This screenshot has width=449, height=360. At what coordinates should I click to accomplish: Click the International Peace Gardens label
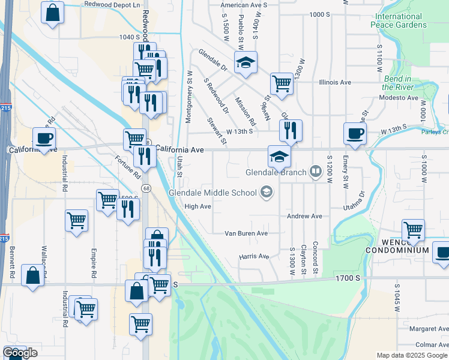[x=409, y=20]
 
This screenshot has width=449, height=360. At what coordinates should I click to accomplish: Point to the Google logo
[x=20, y=353]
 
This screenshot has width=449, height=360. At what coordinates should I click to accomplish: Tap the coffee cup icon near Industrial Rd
[x=44, y=137]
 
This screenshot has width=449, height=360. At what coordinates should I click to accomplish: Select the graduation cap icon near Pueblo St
[x=245, y=62]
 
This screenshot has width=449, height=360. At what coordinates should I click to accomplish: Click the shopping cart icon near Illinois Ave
[x=282, y=83]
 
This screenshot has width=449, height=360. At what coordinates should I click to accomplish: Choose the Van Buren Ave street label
[x=246, y=233]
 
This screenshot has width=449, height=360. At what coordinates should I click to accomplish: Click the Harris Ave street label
[x=254, y=256]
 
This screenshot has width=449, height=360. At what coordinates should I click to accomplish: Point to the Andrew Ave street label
[x=305, y=216]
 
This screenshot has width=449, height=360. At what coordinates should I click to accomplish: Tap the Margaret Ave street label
[x=429, y=329]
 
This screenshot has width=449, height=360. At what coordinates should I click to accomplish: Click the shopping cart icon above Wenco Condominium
[x=413, y=229]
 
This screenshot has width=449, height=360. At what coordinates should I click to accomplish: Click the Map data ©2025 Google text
[x=412, y=355]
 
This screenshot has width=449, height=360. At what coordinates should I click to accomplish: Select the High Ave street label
[x=197, y=206]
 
